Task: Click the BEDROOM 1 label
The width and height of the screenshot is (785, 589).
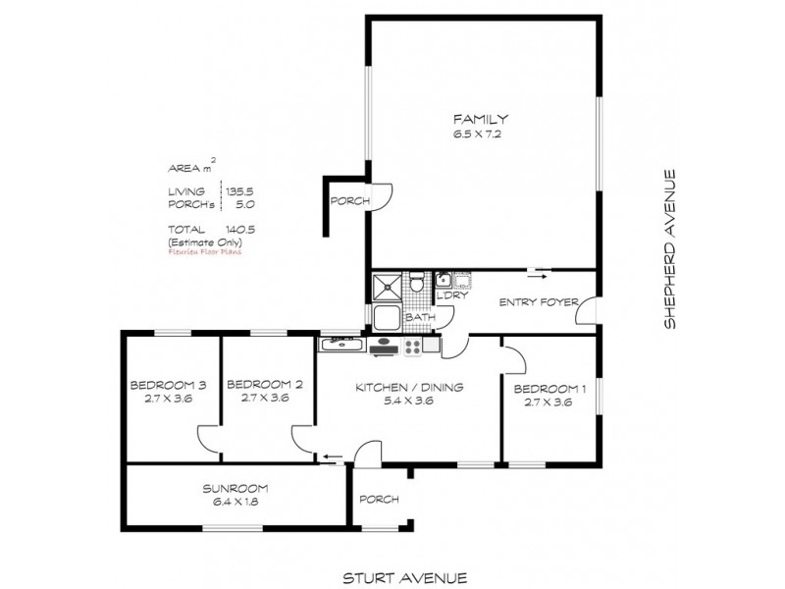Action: click(549, 389)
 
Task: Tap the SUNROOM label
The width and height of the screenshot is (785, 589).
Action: click(235, 488)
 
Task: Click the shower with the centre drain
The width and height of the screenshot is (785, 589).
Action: click(388, 288)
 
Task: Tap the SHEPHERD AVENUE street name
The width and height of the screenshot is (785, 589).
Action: click(670, 249)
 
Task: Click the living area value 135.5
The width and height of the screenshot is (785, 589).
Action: click(240, 192)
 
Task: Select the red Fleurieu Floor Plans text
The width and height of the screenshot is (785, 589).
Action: click(204, 251)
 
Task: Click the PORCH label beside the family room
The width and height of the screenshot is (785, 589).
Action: click(350, 201)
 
